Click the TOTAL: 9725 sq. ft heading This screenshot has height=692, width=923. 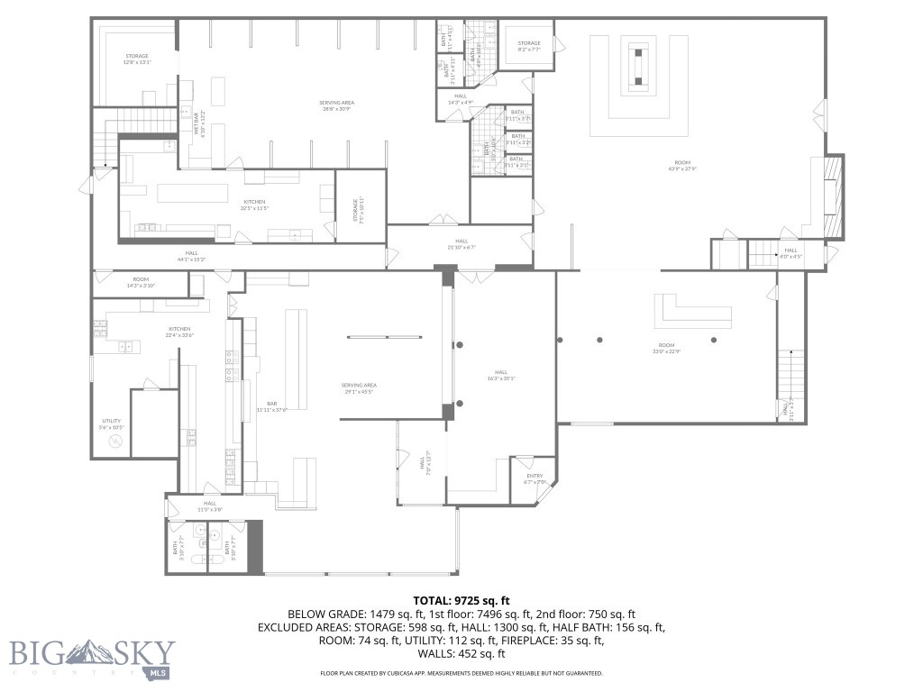click(x=461, y=600)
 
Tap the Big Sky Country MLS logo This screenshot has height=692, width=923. click(x=92, y=657)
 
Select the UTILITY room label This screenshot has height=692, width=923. click(x=112, y=423)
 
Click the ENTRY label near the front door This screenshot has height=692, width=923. click(x=535, y=478)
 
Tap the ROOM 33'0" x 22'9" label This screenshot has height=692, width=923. click(x=666, y=349)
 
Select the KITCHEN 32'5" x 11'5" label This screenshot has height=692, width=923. click(x=253, y=205)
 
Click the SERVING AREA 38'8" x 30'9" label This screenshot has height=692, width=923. click(x=336, y=105)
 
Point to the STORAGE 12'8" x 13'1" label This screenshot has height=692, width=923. click(x=137, y=59)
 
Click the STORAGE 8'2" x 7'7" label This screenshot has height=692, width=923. click(x=529, y=46)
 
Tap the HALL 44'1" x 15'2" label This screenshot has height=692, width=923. click(x=191, y=256)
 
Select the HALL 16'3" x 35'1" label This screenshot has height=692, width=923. click(x=500, y=375)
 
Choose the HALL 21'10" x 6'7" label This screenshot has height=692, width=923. click(x=461, y=243)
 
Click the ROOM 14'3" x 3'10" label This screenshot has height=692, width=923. click(x=141, y=282)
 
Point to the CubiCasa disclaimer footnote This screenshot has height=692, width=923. click(x=461, y=673)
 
